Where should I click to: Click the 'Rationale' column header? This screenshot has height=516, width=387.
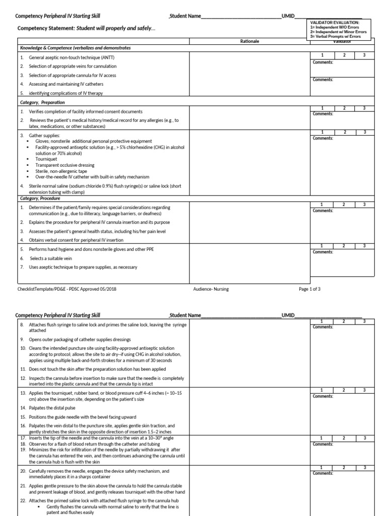(250, 41)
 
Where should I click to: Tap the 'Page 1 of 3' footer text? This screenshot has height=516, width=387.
(309, 289)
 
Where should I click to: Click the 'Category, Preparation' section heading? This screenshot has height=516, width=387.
(42, 102)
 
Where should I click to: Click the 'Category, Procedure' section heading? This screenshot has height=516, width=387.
(40, 198)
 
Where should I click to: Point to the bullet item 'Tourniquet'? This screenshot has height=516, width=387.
(46, 159)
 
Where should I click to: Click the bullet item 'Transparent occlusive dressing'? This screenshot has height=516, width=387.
(66, 165)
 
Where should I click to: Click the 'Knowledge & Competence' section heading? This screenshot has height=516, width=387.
(75, 47)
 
